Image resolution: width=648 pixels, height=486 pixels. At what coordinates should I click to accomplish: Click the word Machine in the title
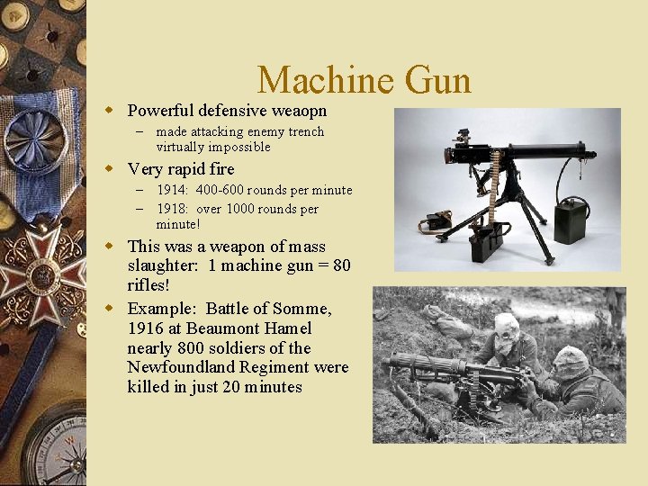click(325, 81)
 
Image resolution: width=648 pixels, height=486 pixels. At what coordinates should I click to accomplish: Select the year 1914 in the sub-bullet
click(171, 190)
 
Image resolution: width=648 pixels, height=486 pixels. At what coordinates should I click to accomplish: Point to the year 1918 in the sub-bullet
click(171, 209)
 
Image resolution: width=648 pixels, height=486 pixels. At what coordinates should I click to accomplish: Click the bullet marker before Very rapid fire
click(110, 169)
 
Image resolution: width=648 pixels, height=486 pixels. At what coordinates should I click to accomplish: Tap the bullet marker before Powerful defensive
click(110, 111)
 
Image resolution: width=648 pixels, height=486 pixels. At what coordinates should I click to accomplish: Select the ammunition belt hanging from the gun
click(493, 193)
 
